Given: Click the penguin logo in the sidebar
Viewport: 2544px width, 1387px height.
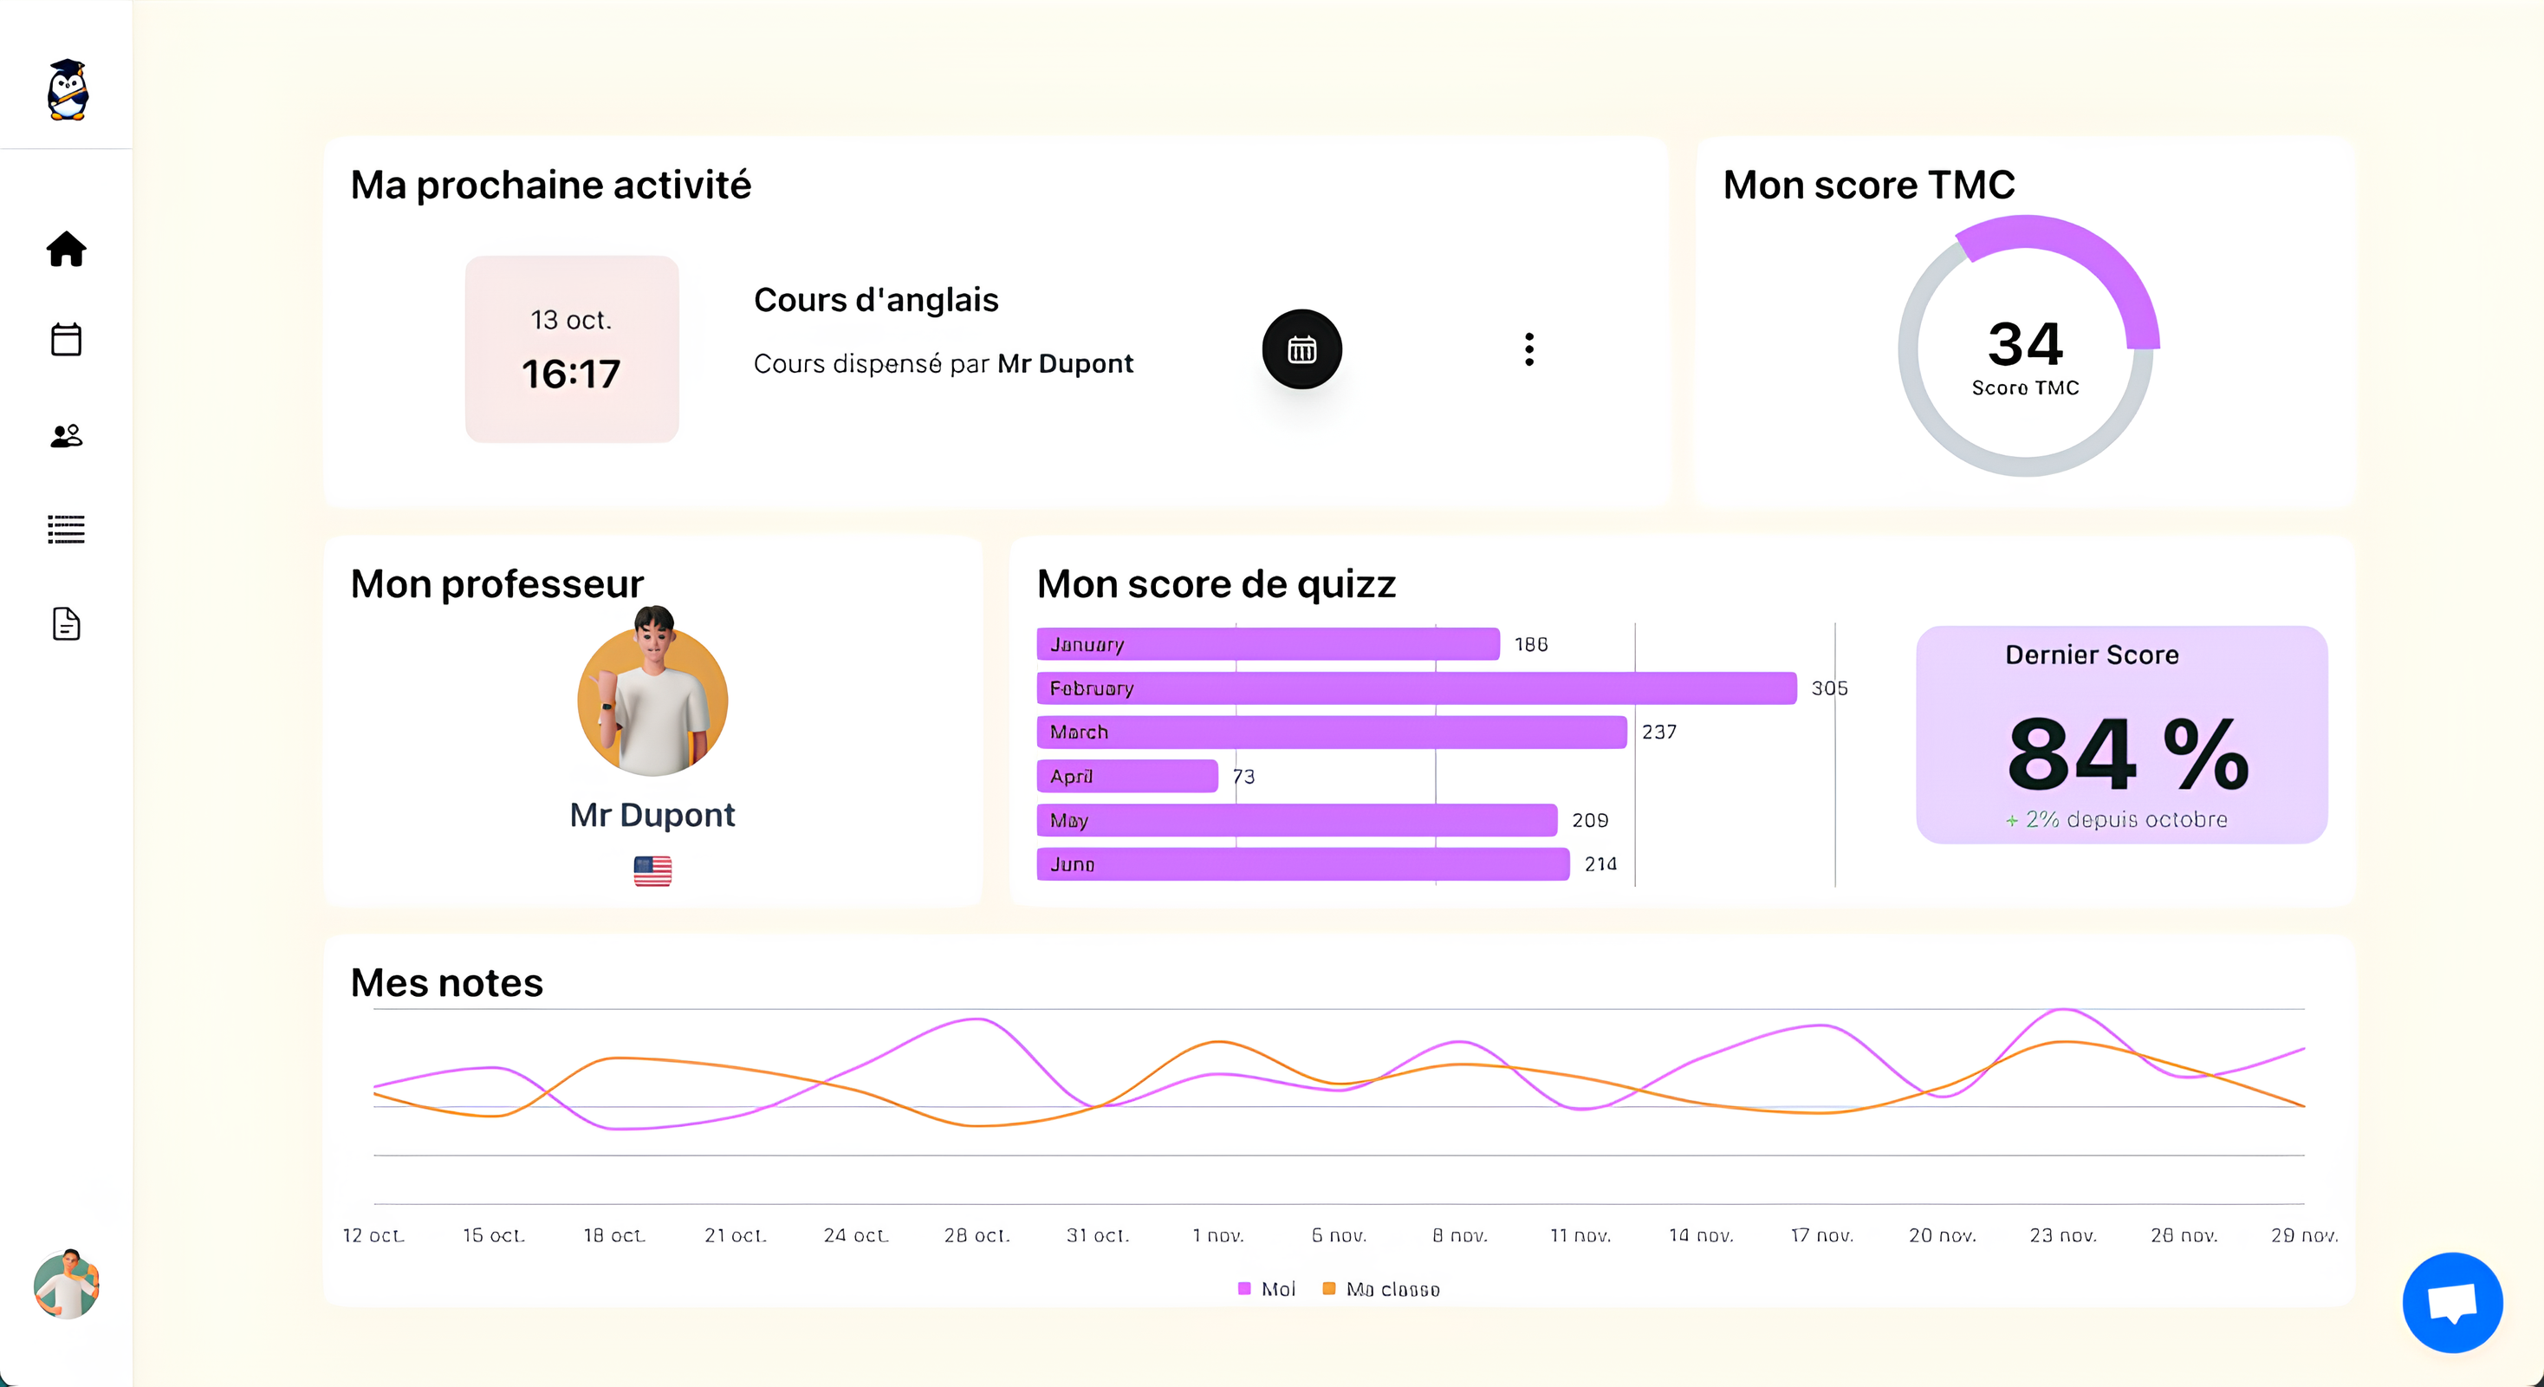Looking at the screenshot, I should pos(68,90).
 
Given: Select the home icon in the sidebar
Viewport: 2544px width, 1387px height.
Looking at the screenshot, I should pos(66,249).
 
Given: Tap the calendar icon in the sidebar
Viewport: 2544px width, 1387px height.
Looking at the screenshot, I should pos(66,339).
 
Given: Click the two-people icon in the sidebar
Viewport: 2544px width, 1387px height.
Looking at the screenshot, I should pos(66,436).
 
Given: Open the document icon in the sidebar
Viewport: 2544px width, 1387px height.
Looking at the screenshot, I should pos(66,623).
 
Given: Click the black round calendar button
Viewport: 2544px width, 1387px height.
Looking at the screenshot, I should pos(1301,348).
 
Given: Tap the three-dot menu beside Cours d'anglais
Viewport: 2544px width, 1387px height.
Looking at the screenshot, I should pos(1528,348).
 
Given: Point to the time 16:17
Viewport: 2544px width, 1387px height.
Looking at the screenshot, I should pos(571,374).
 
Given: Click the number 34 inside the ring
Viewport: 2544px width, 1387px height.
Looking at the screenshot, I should pos(2024,344).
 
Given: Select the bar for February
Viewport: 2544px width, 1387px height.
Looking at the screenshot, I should pos(1416,687).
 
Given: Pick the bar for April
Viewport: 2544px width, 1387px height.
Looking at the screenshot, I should pos(1126,776).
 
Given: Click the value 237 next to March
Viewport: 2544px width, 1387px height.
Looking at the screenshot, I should pos(1659,732).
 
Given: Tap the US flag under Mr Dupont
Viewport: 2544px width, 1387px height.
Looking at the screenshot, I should pos(652,870).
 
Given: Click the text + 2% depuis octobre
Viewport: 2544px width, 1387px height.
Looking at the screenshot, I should pos(2115,819).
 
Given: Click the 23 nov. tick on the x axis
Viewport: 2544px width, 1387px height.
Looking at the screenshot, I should pos(2063,1235).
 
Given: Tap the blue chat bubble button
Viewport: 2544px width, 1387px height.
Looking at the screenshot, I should pos(2451,1301).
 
